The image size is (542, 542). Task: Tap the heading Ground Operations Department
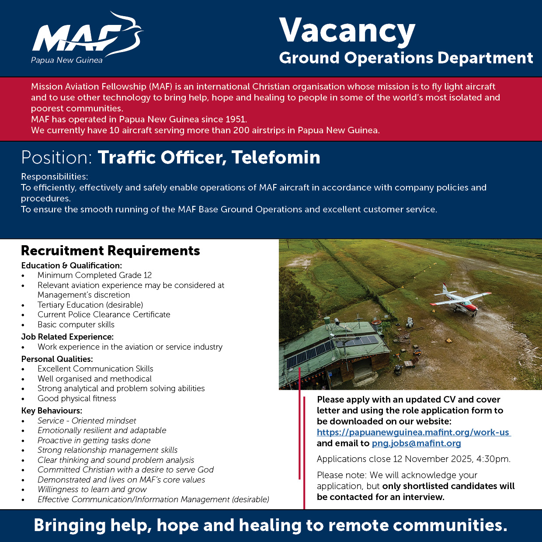406,58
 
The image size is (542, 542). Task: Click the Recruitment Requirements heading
110,250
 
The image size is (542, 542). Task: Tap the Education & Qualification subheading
71,265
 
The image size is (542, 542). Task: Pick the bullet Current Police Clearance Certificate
104,314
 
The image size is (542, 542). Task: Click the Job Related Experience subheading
67,337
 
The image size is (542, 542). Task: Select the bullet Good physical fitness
76,398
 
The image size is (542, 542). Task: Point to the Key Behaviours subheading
52,410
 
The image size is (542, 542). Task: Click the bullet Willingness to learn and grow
92,489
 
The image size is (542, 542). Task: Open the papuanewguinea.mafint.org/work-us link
413,432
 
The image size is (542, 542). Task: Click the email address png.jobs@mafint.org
416,443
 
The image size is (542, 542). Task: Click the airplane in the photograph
459,299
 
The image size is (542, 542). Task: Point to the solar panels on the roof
332,350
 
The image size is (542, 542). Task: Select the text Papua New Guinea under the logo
66,60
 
